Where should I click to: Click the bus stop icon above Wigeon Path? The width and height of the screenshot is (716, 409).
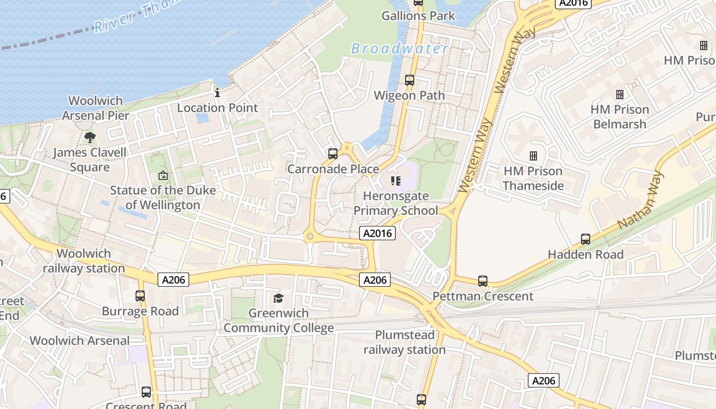409,80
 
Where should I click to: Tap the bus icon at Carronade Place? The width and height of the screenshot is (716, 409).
333,153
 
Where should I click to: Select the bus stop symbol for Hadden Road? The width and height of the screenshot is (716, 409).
586,239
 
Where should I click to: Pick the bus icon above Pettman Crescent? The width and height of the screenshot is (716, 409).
482,281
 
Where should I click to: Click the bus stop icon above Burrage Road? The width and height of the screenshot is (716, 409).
140,296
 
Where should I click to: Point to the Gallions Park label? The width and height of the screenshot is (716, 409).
418,16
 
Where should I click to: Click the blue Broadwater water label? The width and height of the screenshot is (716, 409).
399,49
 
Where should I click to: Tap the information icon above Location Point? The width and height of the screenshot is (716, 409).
217,93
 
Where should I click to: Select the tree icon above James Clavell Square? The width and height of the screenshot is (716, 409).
90,137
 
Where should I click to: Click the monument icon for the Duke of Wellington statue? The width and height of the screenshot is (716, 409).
163,175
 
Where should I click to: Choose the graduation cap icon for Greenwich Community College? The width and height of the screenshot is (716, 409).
278,298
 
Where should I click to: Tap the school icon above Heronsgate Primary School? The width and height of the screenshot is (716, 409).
395,180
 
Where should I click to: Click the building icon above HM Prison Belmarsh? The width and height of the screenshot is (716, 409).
620,95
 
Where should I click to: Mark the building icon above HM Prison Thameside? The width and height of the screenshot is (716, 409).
533,155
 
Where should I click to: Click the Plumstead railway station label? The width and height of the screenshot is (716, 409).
405,343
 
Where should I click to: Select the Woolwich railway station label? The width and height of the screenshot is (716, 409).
84,261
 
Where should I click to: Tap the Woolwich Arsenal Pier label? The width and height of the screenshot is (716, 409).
96,108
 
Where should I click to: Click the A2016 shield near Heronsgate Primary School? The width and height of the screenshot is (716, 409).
377,234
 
